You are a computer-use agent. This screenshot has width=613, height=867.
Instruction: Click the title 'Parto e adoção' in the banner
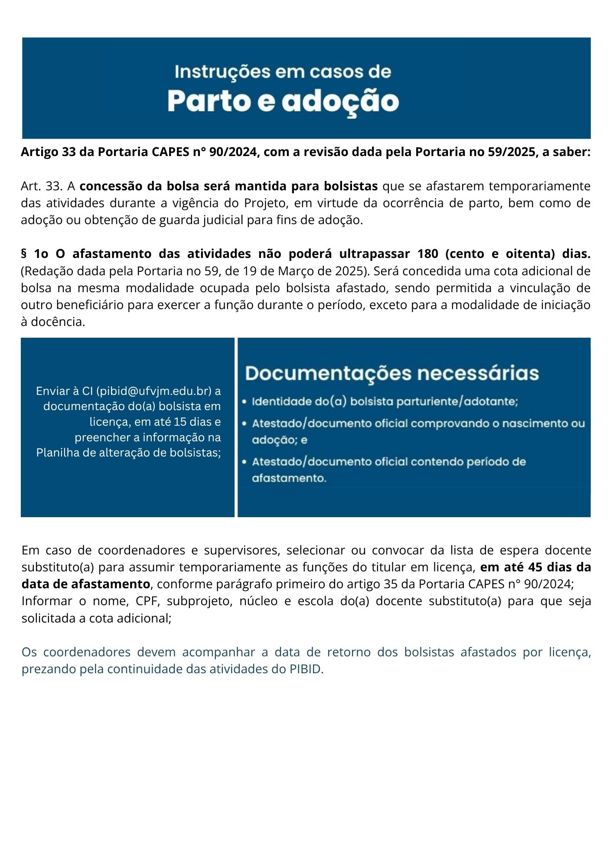coord(283,101)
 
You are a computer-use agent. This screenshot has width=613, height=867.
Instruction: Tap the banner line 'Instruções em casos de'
coord(283,72)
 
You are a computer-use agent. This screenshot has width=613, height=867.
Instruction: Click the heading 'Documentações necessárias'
coord(392,373)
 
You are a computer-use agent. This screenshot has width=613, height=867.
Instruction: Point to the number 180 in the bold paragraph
coord(428,254)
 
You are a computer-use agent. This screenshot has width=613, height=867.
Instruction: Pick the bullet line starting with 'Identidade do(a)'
coord(385,401)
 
